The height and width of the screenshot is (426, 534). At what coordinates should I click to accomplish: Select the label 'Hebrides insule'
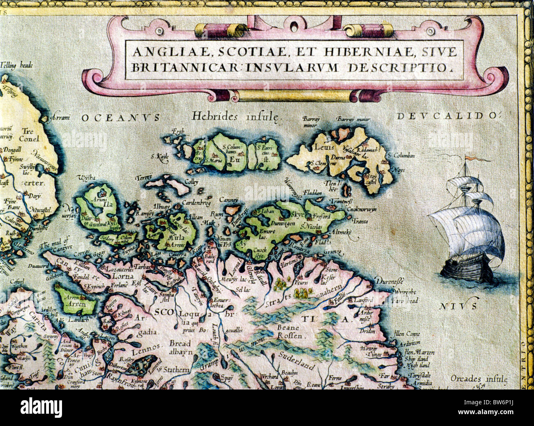tap(236, 116)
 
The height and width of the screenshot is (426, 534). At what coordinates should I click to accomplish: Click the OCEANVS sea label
tap(120, 118)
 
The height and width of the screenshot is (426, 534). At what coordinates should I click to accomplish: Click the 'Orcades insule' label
tap(478, 379)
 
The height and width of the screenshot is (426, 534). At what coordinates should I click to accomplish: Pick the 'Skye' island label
tap(297, 214)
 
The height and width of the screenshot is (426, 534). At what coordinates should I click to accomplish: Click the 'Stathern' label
tap(176, 369)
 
